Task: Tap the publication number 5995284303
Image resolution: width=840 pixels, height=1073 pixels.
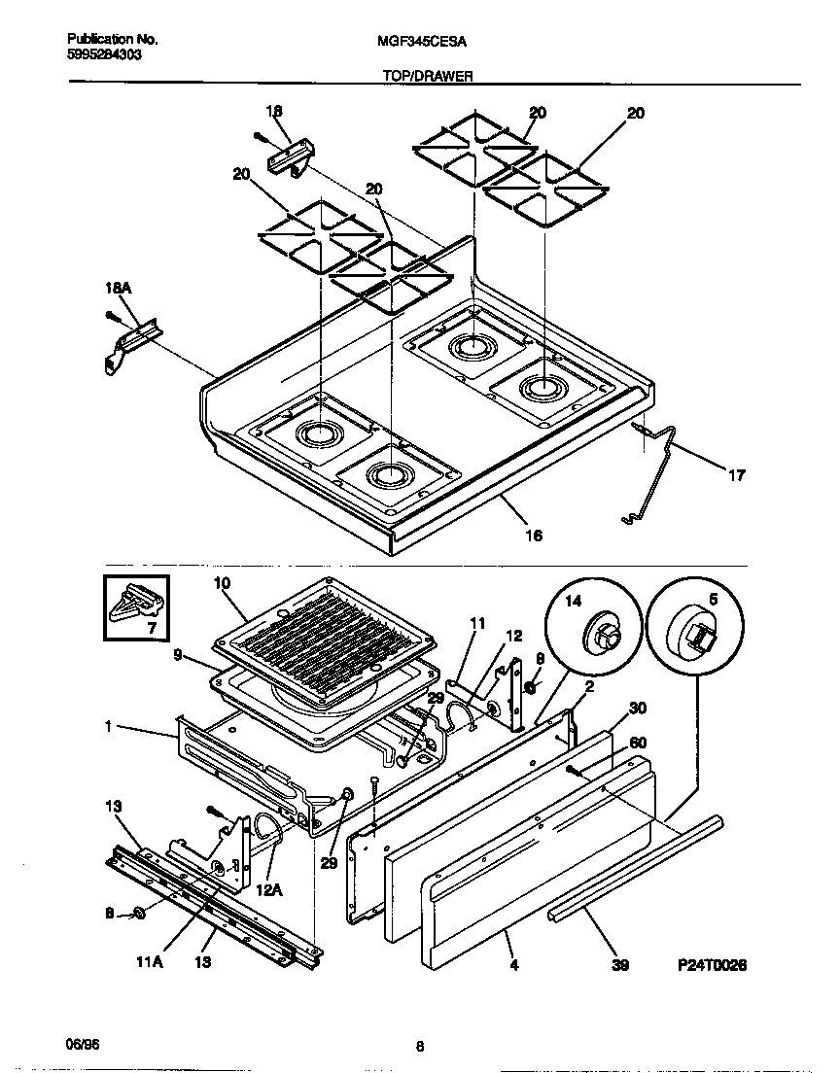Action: [x=105, y=55]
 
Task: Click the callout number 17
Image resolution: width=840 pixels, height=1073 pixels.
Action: [x=736, y=475]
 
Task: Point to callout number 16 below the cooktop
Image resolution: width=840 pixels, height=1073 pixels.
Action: [x=533, y=535]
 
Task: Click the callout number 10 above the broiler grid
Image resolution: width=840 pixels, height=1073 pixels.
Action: [x=221, y=583]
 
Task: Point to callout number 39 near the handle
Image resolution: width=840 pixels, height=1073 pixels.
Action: [x=621, y=966]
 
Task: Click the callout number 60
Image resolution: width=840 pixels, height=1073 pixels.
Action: [x=638, y=744]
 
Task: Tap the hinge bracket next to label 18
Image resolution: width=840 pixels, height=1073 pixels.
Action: [x=291, y=156]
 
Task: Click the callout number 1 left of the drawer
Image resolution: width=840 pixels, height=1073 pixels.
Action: [x=104, y=727]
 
